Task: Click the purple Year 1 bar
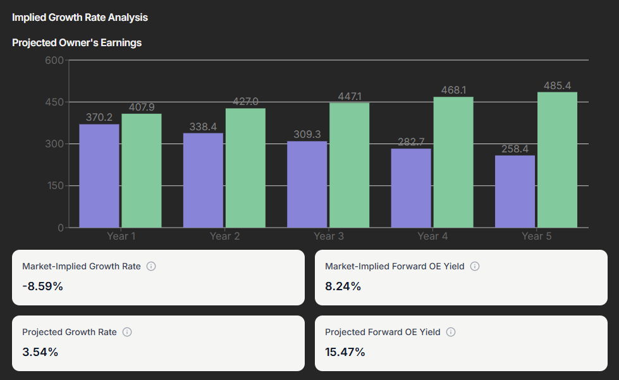tap(99, 176)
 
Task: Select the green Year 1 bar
tap(142, 171)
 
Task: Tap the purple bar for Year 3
tap(307, 184)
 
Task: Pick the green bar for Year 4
tap(453, 162)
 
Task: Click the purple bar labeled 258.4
tap(515, 192)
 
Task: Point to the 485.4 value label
tap(557, 85)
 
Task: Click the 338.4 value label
tap(203, 126)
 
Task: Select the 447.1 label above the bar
tap(349, 96)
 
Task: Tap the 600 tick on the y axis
tap(55, 60)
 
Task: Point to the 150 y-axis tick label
tap(55, 186)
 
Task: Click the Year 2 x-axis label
tap(225, 236)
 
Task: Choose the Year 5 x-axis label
tap(536, 236)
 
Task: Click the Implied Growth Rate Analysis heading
tap(80, 18)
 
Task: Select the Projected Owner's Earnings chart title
tap(77, 43)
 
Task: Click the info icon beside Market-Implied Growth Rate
tap(151, 266)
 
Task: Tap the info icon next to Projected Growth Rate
tap(127, 332)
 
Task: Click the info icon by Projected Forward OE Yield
tap(451, 332)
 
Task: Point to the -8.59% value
tap(42, 286)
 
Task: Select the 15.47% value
tap(345, 352)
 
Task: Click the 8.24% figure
tap(343, 286)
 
